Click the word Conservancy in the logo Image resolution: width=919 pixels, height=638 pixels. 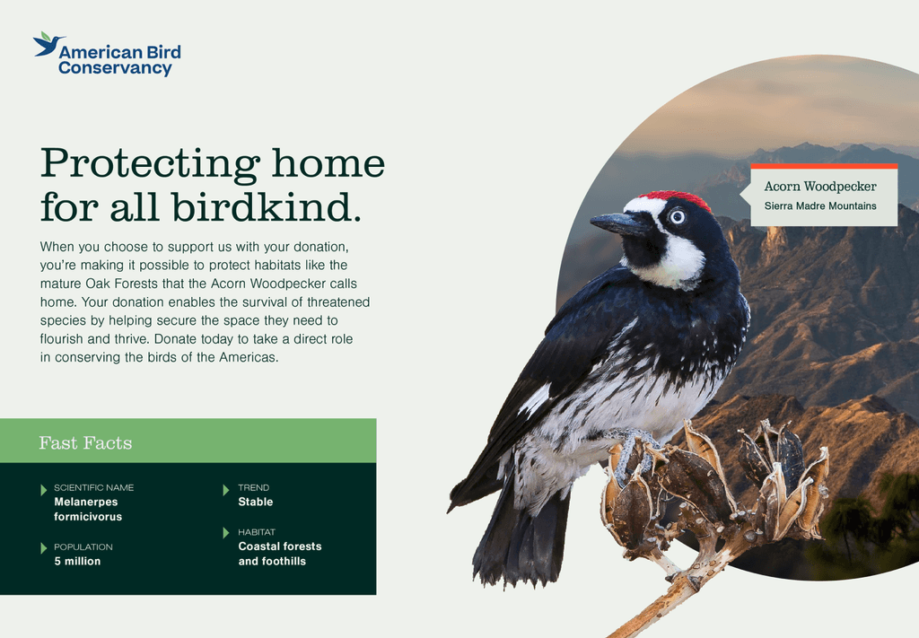tap(116, 68)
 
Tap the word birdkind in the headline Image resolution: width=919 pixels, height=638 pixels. tap(266, 207)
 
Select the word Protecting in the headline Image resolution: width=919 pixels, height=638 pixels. tap(150, 164)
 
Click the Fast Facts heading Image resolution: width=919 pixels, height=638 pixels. tap(85, 443)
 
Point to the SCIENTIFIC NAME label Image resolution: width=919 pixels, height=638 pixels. tap(93, 487)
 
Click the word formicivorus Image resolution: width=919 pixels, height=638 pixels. tap(88, 517)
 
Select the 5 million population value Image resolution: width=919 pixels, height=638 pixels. tap(77, 561)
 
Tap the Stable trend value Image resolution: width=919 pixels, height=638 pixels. tap(256, 503)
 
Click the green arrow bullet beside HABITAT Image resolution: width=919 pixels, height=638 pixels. tap(225, 532)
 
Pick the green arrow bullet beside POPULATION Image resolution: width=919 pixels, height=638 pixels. tap(43, 547)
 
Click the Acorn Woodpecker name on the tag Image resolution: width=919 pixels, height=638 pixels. tap(820, 187)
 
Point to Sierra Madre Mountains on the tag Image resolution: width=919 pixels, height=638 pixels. tap(820, 205)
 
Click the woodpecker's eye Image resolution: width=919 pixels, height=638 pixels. tap(678, 217)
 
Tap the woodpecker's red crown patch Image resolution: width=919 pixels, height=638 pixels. tap(676, 199)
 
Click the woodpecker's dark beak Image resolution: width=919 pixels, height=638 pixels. tap(616, 223)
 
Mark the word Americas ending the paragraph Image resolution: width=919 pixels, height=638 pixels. tap(249, 357)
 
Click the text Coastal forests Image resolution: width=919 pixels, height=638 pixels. tap(280, 546)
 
